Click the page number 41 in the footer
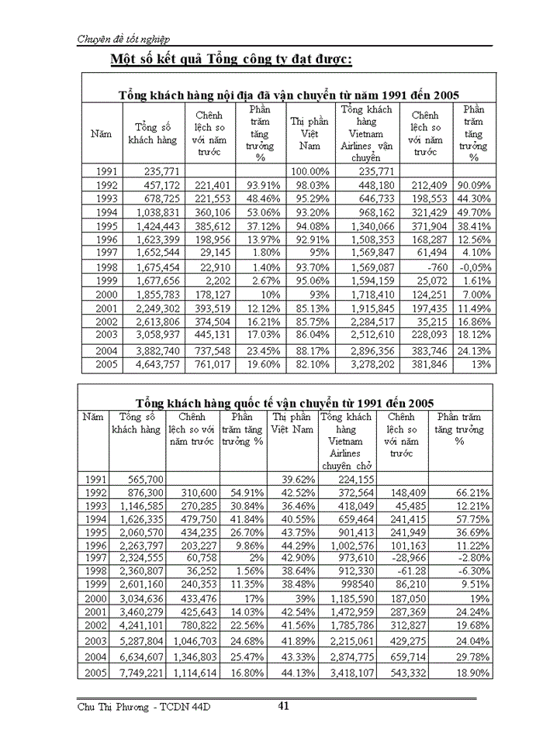click(x=284, y=705)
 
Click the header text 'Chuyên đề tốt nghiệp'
click(x=124, y=39)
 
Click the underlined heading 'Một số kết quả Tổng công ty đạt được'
click(x=231, y=60)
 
